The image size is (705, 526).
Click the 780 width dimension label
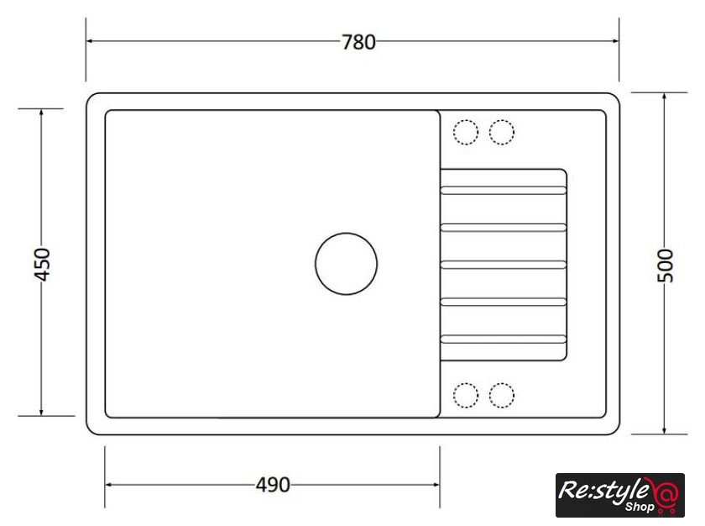coord(358,42)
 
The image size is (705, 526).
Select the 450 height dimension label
coord(42,264)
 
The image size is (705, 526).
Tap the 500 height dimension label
coord(666,266)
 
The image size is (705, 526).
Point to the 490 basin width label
coord(273,485)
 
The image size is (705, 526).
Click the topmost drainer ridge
coord(503,191)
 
